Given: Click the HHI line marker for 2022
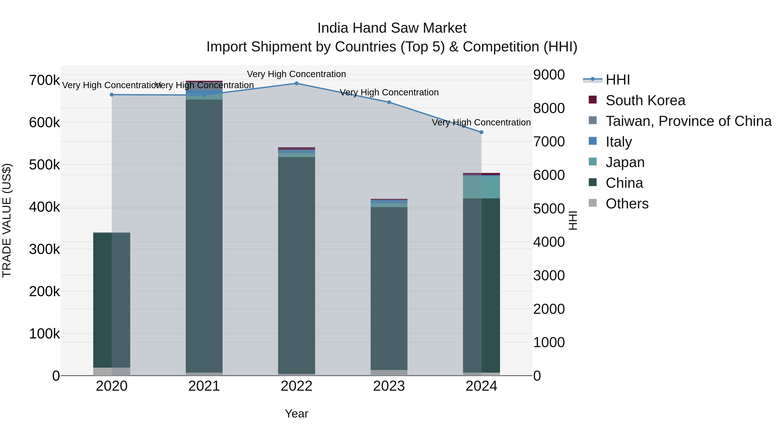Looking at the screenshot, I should click(296, 83).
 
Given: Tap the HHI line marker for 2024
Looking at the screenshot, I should click(481, 132).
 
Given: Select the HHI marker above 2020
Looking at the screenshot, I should click(112, 95).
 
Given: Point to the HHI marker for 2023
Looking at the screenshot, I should click(389, 102).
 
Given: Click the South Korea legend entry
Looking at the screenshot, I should click(645, 100).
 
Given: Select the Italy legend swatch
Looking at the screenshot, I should click(593, 141).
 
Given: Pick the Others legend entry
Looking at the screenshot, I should click(627, 204).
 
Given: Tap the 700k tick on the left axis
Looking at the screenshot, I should click(44, 81).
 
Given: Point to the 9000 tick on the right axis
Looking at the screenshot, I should click(549, 75).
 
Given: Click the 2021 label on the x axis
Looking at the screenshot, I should click(204, 386).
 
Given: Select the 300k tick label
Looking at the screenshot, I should click(44, 249).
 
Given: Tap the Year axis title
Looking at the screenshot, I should click(296, 414).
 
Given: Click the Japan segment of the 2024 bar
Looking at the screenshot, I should click(481, 187).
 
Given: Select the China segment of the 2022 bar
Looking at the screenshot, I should click(296, 265).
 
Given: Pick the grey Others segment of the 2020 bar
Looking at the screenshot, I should click(112, 371).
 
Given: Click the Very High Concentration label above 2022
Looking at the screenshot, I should click(296, 74).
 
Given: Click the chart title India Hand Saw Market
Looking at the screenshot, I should click(392, 28).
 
